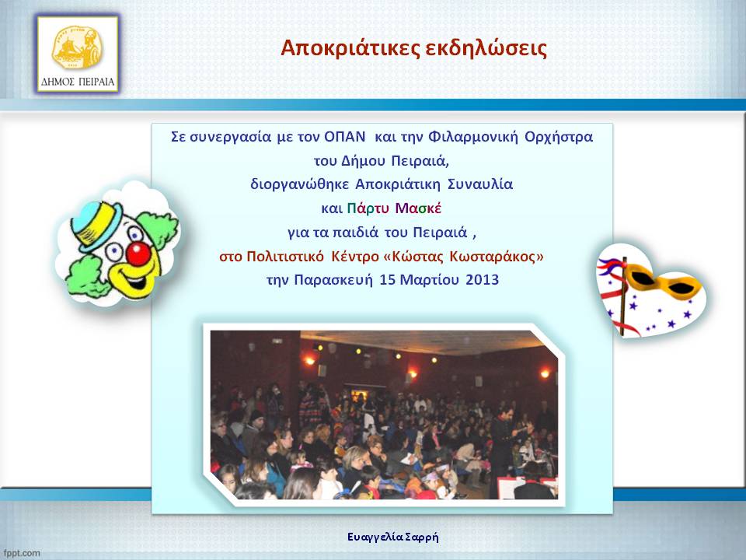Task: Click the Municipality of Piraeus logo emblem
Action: (77, 47)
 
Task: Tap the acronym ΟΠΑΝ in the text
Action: (344, 137)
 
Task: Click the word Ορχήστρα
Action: (559, 137)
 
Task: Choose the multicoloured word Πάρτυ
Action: (368, 208)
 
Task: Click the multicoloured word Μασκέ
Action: (418, 208)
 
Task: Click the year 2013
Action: (482, 279)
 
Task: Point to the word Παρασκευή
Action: (333, 280)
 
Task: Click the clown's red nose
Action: (138, 254)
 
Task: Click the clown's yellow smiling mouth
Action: (134, 278)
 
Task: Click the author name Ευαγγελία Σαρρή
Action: (393, 537)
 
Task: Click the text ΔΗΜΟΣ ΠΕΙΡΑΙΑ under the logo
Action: (78, 82)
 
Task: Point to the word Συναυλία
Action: (480, 184)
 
